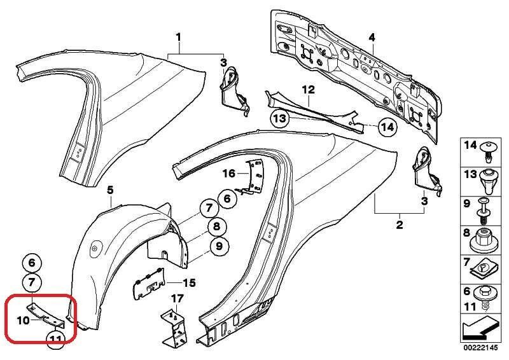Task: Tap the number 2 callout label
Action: pos(400,225)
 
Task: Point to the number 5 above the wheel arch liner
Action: pos(109,190)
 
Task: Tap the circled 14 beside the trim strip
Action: pos(386,127)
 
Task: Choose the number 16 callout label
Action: pos(228,173)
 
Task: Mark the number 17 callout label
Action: pos(177,298)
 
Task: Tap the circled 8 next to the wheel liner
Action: pos(216,226)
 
